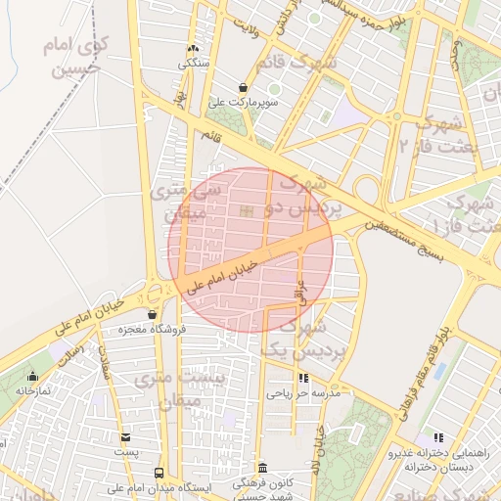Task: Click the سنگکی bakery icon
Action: [193, 48]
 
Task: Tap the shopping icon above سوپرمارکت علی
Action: [243, 87]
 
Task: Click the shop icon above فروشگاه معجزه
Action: [152, 314]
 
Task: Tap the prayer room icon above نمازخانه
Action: [33, 376]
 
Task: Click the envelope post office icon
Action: [125, 437]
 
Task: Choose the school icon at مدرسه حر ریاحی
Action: [303, 378]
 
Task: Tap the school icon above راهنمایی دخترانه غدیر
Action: [437, 437]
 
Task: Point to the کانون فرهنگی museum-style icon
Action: [261, 468]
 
